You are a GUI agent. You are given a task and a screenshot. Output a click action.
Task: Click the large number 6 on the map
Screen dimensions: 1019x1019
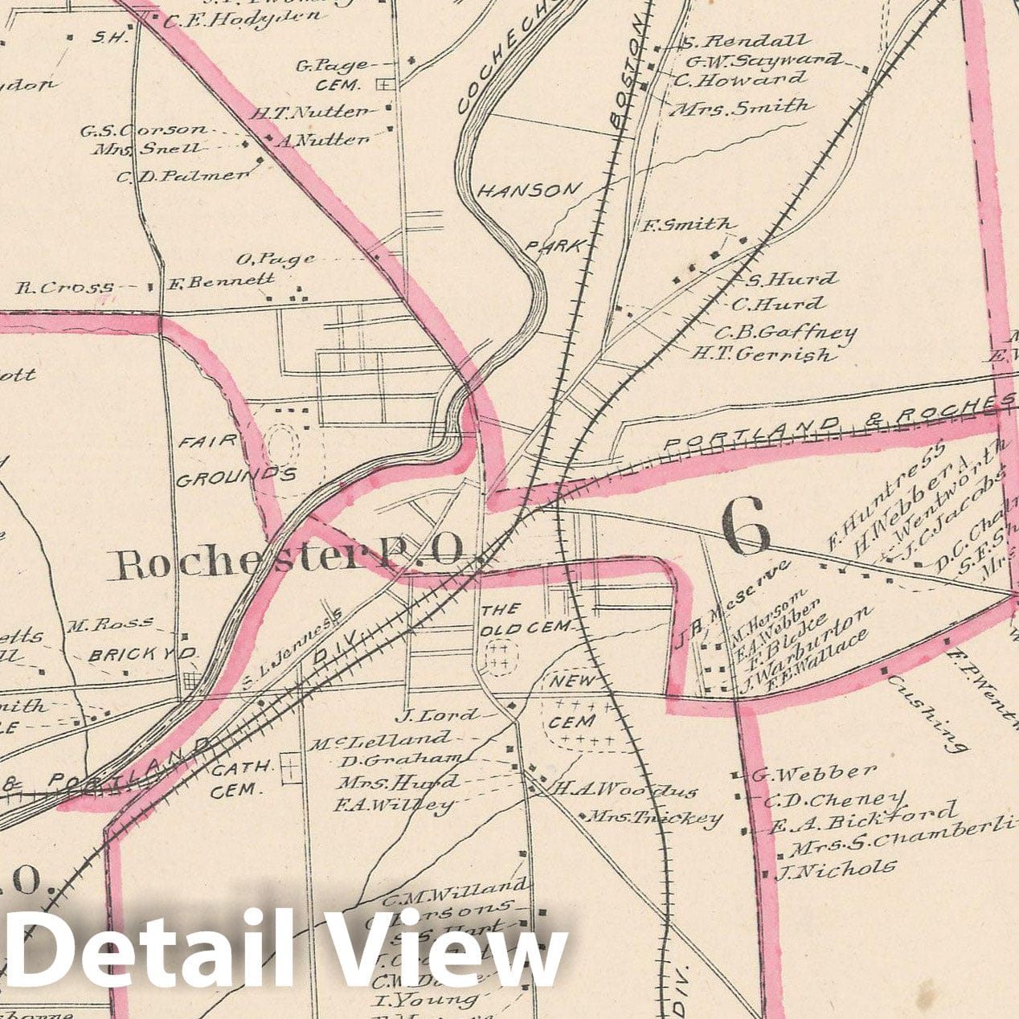[747, 526]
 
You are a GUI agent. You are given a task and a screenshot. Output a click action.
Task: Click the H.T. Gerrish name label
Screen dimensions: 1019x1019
[763, 353]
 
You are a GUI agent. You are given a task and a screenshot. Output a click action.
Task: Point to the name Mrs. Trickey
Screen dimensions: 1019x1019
[653, 818]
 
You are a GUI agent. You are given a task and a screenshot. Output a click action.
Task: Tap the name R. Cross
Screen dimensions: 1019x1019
[64, 287]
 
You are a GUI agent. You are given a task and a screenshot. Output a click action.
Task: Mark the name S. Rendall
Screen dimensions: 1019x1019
[745, 40]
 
